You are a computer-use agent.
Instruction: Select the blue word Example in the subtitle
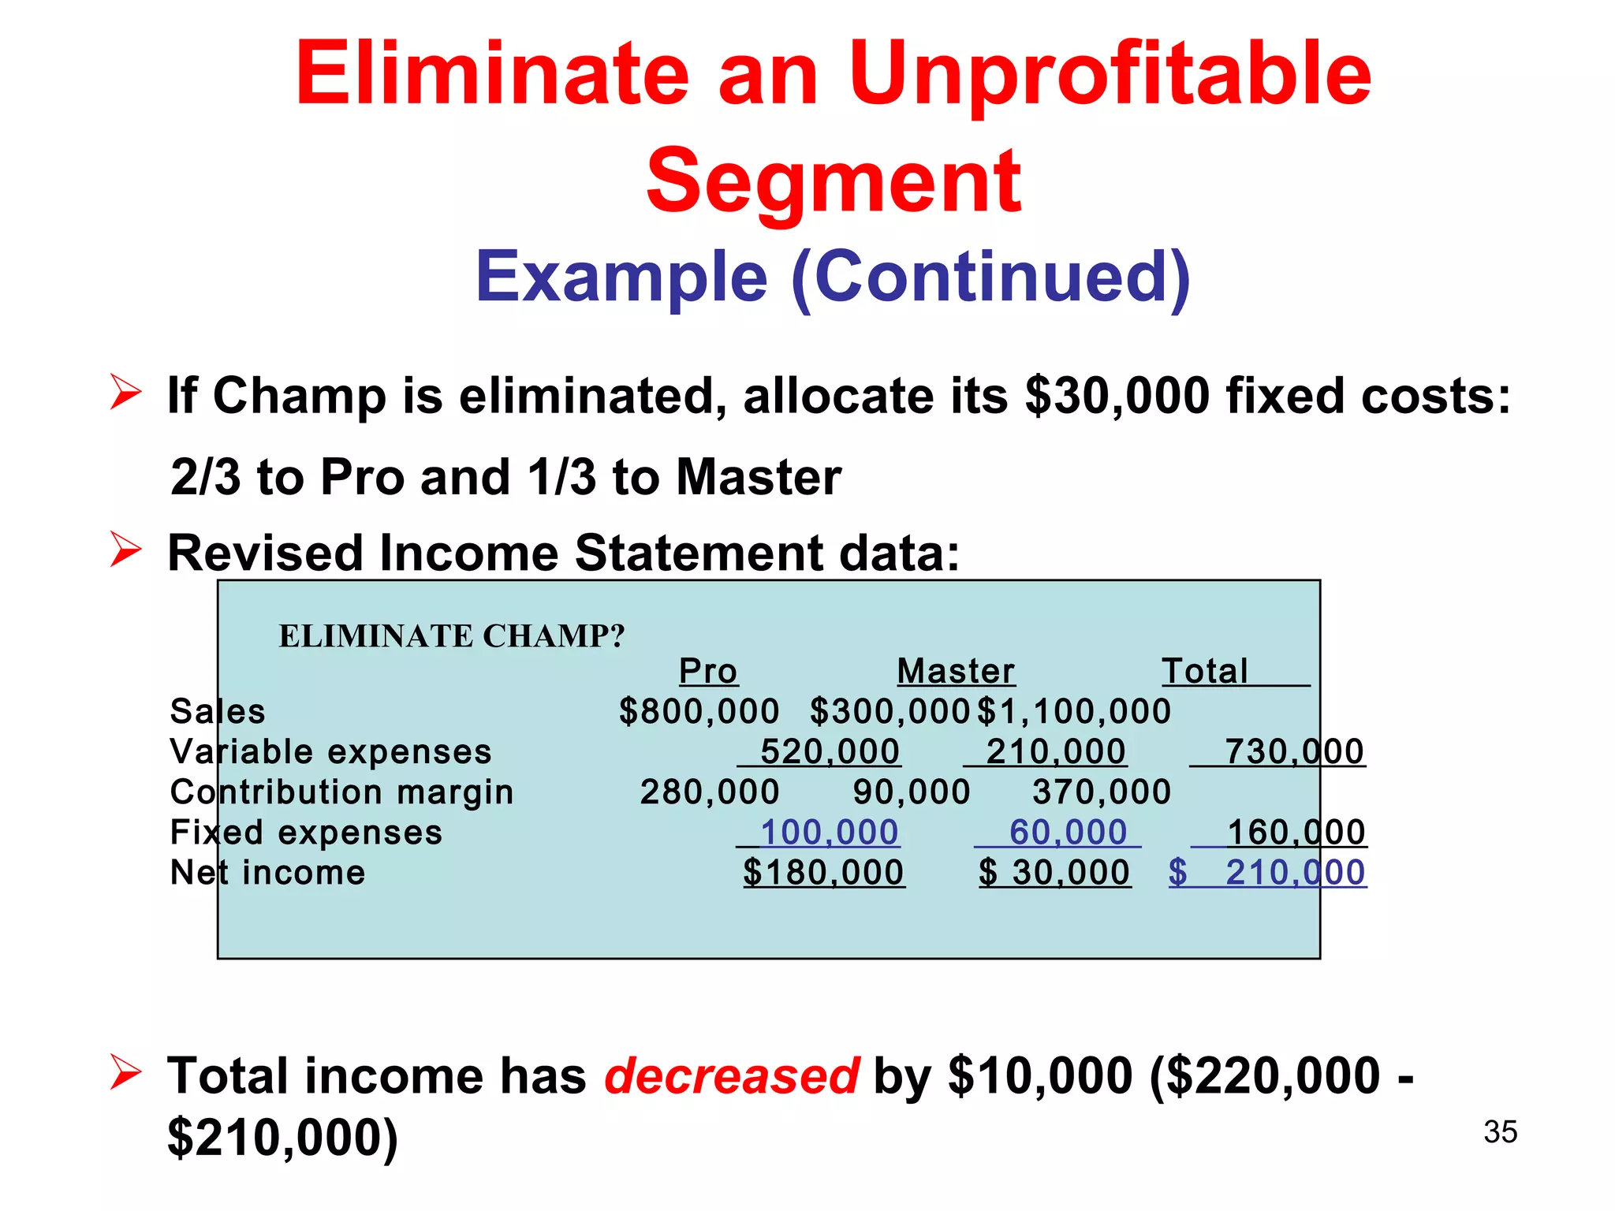[x=621, y=277]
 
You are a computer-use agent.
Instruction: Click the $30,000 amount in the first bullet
[x=1117, y=395]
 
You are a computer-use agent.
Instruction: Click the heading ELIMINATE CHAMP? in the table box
[x=452, y=635]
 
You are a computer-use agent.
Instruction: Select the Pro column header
[x=708, y=671]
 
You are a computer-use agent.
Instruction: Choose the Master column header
[x=956, y=671]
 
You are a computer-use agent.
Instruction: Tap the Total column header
[x=1205, y=671]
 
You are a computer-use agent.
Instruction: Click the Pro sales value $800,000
[x=699, y=711]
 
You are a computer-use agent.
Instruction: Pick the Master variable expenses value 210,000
[x=1055, y=751]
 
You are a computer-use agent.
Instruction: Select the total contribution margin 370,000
[x=1102, y=792]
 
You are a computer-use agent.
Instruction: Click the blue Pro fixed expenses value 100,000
[x=829, y=832]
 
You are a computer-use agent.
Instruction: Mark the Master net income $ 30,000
[x=1055, y=872]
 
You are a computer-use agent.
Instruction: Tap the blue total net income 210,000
[x=1294, y=872]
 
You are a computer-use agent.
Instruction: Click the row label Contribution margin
[x=341, y=792]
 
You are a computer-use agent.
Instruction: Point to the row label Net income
[x=268, y=872]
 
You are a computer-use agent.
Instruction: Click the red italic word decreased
[x=731, y=1075]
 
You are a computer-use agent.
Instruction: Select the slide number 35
[x=1500, y=1131]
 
